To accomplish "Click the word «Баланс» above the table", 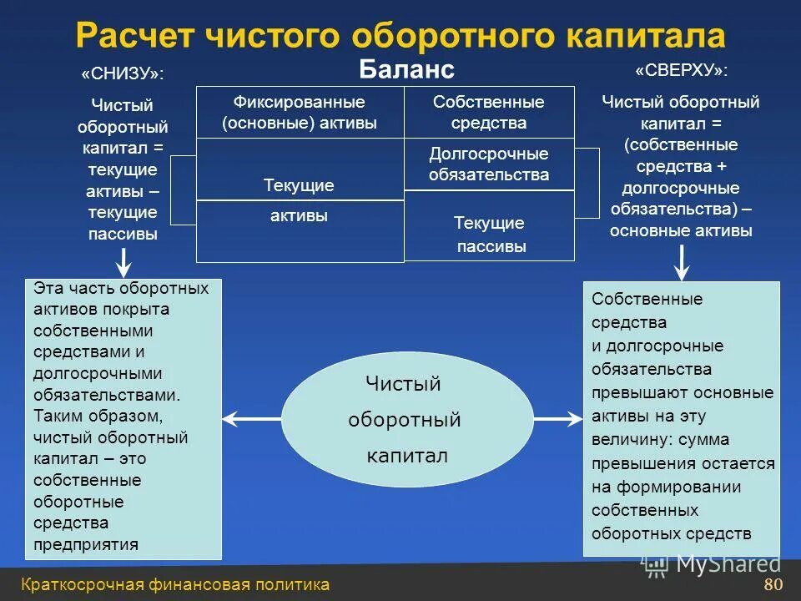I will (x=407, y=68).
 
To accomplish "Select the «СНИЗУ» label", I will (x=123, y=74).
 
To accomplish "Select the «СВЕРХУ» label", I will (x=681, y=71).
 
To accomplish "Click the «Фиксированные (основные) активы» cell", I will (x=300, y=112).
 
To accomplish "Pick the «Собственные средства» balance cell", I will (x=489, y=112).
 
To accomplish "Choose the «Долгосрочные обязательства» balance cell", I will (x=489, y=164).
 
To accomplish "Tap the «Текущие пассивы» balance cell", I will (x=490, y=235).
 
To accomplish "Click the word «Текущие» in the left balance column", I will (x=299, y=185).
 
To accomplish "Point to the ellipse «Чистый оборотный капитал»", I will (x=406, y=419).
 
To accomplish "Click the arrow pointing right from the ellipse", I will (x=558, y=417).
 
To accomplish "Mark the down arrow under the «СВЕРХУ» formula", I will (x=681, y=265).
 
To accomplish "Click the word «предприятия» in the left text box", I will (x=86, y=545).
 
